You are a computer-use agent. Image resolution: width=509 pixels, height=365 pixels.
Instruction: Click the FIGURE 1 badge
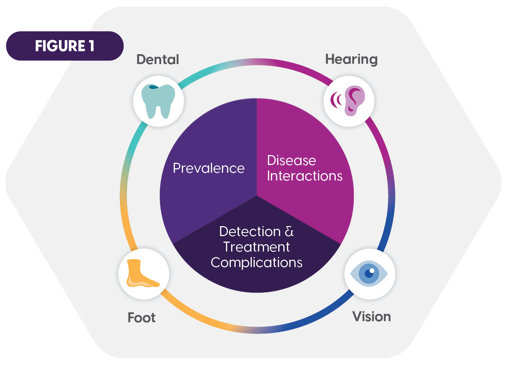point(65,46)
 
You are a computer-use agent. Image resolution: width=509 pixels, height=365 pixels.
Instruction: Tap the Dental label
point(158,59)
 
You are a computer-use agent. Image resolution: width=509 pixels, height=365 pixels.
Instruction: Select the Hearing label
point(351,59)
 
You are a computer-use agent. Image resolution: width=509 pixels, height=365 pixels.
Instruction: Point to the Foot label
point(141,317)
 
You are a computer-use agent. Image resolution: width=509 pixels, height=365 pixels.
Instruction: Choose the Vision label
point(371,316)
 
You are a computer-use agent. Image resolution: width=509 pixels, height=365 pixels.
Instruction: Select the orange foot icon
point(141,274)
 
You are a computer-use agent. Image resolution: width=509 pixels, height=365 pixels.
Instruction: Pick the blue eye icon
point(369,274)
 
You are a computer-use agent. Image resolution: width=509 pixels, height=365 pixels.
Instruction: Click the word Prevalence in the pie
point(209,168)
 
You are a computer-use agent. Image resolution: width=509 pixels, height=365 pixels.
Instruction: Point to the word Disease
point(291,161)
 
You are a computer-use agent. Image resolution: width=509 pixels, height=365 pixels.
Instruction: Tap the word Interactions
point(305,176)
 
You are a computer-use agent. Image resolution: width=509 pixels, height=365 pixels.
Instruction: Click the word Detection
point(250,232)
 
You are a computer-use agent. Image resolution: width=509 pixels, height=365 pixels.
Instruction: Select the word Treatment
point(257,247)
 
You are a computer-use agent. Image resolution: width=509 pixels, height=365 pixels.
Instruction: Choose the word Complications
point(257,263)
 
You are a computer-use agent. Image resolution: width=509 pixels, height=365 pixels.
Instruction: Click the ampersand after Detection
point(289,232)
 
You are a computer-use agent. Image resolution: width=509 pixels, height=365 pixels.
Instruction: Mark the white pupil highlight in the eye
point(372,271)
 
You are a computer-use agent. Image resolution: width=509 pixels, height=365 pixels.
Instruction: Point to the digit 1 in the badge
point(91,46)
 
